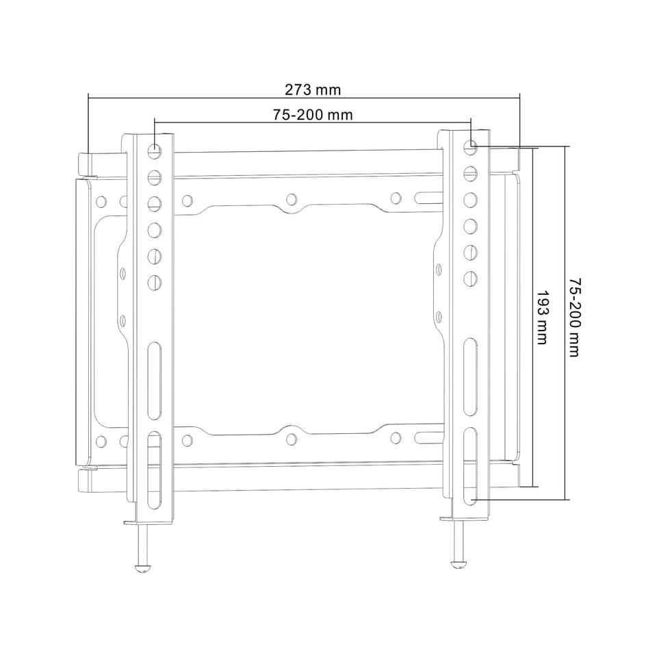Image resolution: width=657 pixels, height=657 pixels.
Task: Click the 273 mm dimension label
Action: [313, 90]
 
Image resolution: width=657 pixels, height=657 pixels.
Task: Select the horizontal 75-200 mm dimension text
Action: [313, 114]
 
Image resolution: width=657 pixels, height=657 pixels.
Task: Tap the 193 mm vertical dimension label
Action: [543, 318]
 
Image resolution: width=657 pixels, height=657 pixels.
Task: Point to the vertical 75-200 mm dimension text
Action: [574, 317]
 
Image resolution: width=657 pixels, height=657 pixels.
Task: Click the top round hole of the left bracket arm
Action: [155, 150]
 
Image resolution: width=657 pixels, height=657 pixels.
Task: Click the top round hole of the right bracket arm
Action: [471, 146]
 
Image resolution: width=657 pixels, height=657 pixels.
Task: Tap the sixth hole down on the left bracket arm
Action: [155, 282]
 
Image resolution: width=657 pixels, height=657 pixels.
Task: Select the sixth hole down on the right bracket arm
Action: [471, 278]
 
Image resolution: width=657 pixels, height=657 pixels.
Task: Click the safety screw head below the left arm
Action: [142, 568]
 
